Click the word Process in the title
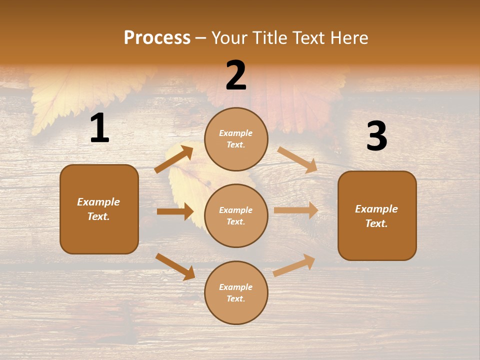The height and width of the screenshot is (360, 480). pyautogui.click(x=157, y=38)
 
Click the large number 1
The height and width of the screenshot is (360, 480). pyautogui.click(x=99, y=128)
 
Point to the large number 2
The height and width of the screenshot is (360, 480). pyautogui.click(x=236, y=75)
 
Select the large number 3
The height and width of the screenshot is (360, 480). pyautogui.click(x=376, y=136)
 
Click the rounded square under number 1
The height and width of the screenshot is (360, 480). pyautogui.click(x=99, y=209)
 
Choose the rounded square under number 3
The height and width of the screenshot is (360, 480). pyautogui.click(x=377, y=215)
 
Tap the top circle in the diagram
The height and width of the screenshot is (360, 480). pyautogui.click(x=236, y=139)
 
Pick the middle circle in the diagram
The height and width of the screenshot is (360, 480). pyautogui.click(x=236, y=215)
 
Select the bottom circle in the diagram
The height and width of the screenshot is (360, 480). pyautogui.click(x=236, y=292)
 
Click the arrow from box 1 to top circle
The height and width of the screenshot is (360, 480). pyautogui.click(x=174, y=159)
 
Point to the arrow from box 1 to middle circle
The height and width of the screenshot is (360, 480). pyautogui.click(x=175, y=211)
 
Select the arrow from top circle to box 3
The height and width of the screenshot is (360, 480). pyautogui.click(x=297, y=159)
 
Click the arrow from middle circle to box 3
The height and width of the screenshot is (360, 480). pyautogui.click(x=296, y=210)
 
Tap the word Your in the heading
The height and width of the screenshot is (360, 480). pyautogui.click(x=229, y=38)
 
